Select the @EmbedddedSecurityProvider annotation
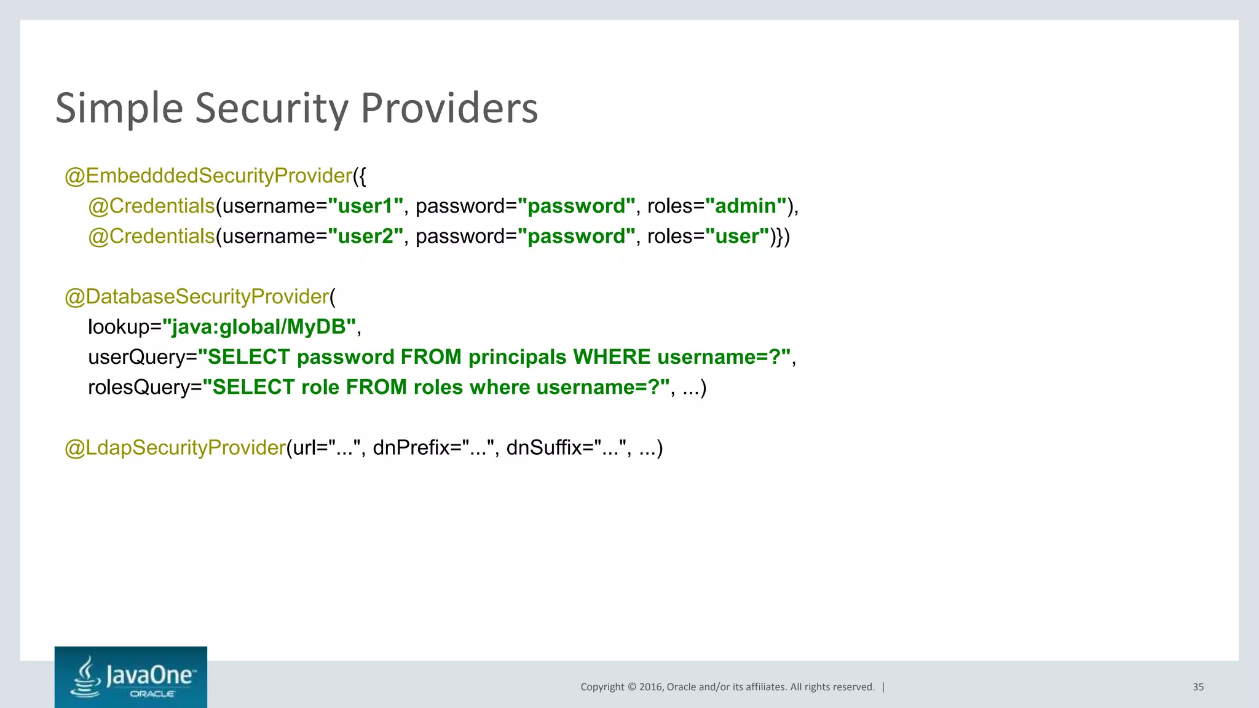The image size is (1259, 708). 208,176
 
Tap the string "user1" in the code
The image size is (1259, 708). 365,206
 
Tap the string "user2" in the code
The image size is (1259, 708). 365,236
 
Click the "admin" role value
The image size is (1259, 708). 746,206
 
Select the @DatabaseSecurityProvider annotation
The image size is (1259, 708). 197,297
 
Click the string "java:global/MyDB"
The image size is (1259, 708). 259,327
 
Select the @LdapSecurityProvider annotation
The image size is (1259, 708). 175,447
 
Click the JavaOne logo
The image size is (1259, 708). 131,677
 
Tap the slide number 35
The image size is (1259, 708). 1198,687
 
